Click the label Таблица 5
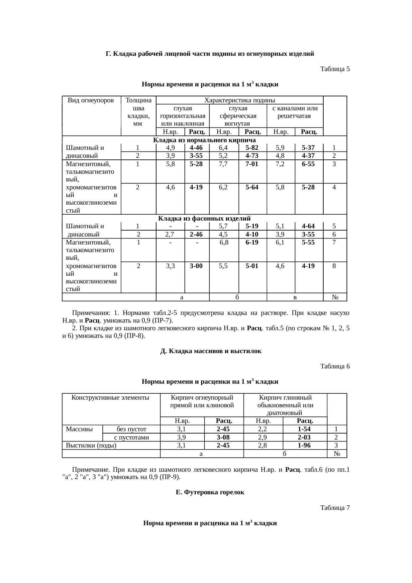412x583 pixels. [335, 69]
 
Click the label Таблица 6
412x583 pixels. [335, 366]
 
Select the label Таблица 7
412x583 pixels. [335, 508]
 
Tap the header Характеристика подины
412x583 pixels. [240, 100]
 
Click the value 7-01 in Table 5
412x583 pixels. [253, 164]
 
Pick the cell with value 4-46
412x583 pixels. [197, 147]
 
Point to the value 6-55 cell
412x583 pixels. [308, 164]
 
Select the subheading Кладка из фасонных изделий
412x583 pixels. [204, 218]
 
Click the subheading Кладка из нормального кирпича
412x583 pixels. [204, 140]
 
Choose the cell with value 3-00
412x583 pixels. [197, 266]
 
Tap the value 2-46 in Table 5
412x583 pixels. [197, 234]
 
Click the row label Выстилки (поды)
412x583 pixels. [91, 445]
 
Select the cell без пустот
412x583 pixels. [131, 429]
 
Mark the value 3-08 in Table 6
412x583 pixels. [223, 437]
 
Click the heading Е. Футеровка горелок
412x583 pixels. [210, 492]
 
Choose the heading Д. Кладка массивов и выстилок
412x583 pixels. [211, 351]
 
